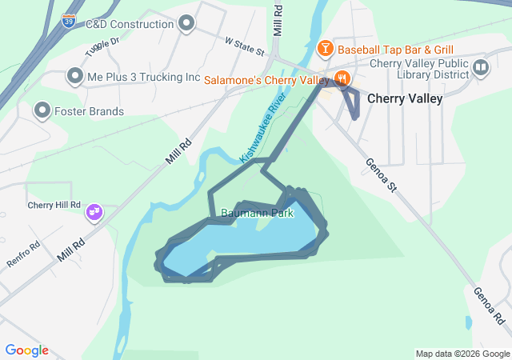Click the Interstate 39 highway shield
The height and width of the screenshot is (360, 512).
(70, 21)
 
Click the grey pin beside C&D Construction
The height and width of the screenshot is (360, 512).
(187, 23)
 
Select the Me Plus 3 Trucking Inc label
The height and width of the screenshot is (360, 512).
(143, 78)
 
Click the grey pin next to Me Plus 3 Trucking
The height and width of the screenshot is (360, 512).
(74, 77)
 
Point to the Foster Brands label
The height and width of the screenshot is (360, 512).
(90, 111)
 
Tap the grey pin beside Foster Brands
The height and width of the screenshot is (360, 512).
(42, 110)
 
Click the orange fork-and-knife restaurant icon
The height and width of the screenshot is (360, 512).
(342, 78)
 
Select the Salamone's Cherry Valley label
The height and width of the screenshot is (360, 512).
(266, 80)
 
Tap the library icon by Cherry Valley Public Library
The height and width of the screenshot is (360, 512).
(480, 67)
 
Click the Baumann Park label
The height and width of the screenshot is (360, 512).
(257, 214)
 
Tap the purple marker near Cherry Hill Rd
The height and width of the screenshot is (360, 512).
(94, 212)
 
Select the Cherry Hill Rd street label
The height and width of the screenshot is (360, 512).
(54, 205)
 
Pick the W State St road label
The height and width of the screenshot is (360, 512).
(245, 45)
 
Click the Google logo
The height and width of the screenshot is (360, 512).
(27, 350)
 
